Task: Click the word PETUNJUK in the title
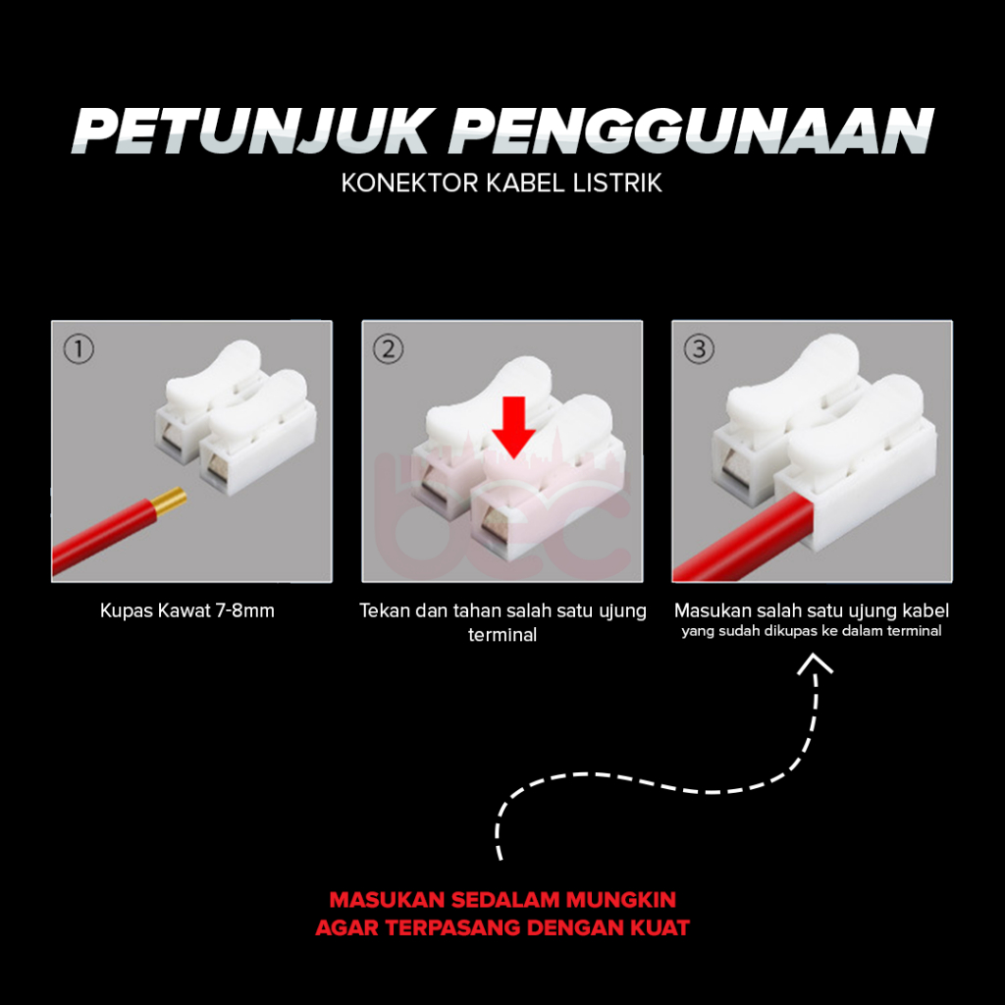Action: (x=250, y=132)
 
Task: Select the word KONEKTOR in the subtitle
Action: (x=409, y=184)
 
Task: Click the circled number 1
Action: (x=79, y=349)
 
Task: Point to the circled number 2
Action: (x=389, y=349)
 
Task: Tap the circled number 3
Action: (x=699, y=349)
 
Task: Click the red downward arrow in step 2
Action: (x=514, y=427)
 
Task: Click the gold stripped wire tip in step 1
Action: (x=169, y=502)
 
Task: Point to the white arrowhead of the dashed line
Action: (x=815, y=663)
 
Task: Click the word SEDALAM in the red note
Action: (x=505, y=900)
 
